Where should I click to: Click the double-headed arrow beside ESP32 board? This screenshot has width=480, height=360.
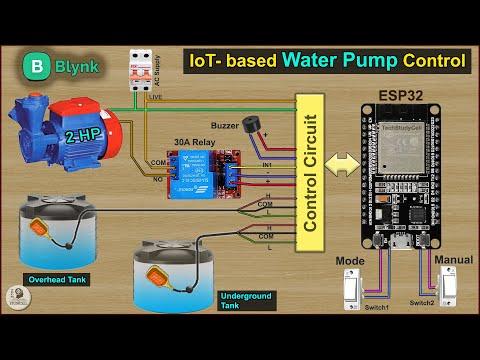click(344, 161)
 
